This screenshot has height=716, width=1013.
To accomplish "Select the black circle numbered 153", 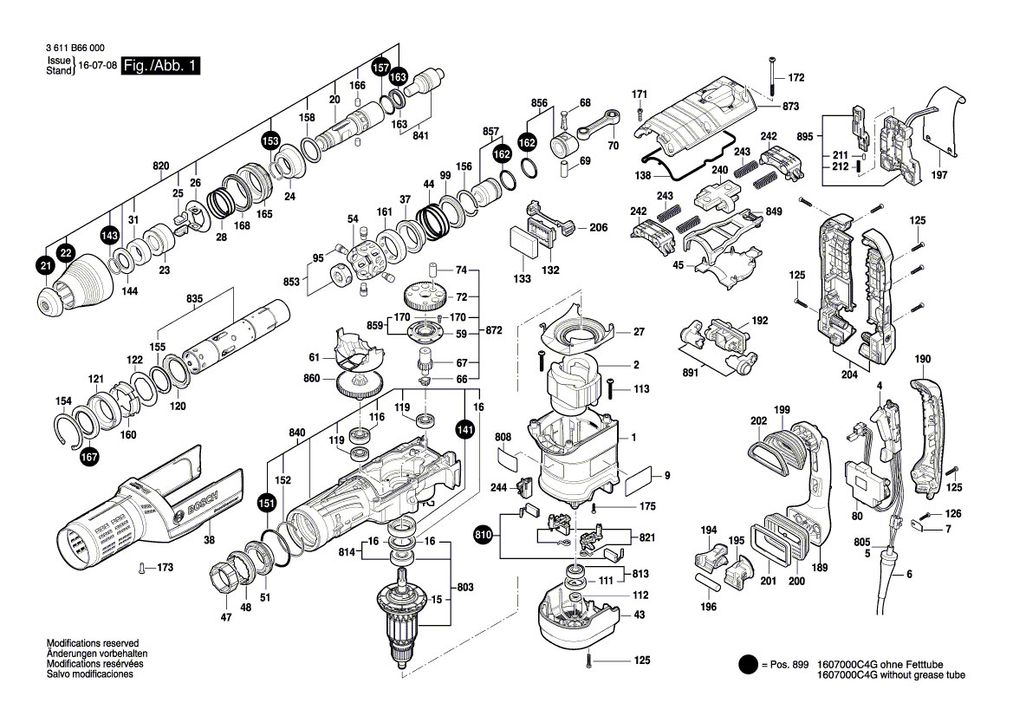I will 270,140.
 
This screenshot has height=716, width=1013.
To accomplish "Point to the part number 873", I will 789,106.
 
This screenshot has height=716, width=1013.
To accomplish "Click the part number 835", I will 194,299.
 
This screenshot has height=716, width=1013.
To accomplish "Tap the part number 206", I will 598,227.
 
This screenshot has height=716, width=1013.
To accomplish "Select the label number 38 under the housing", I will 208,539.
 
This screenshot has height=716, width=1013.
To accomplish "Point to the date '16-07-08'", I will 97,66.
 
